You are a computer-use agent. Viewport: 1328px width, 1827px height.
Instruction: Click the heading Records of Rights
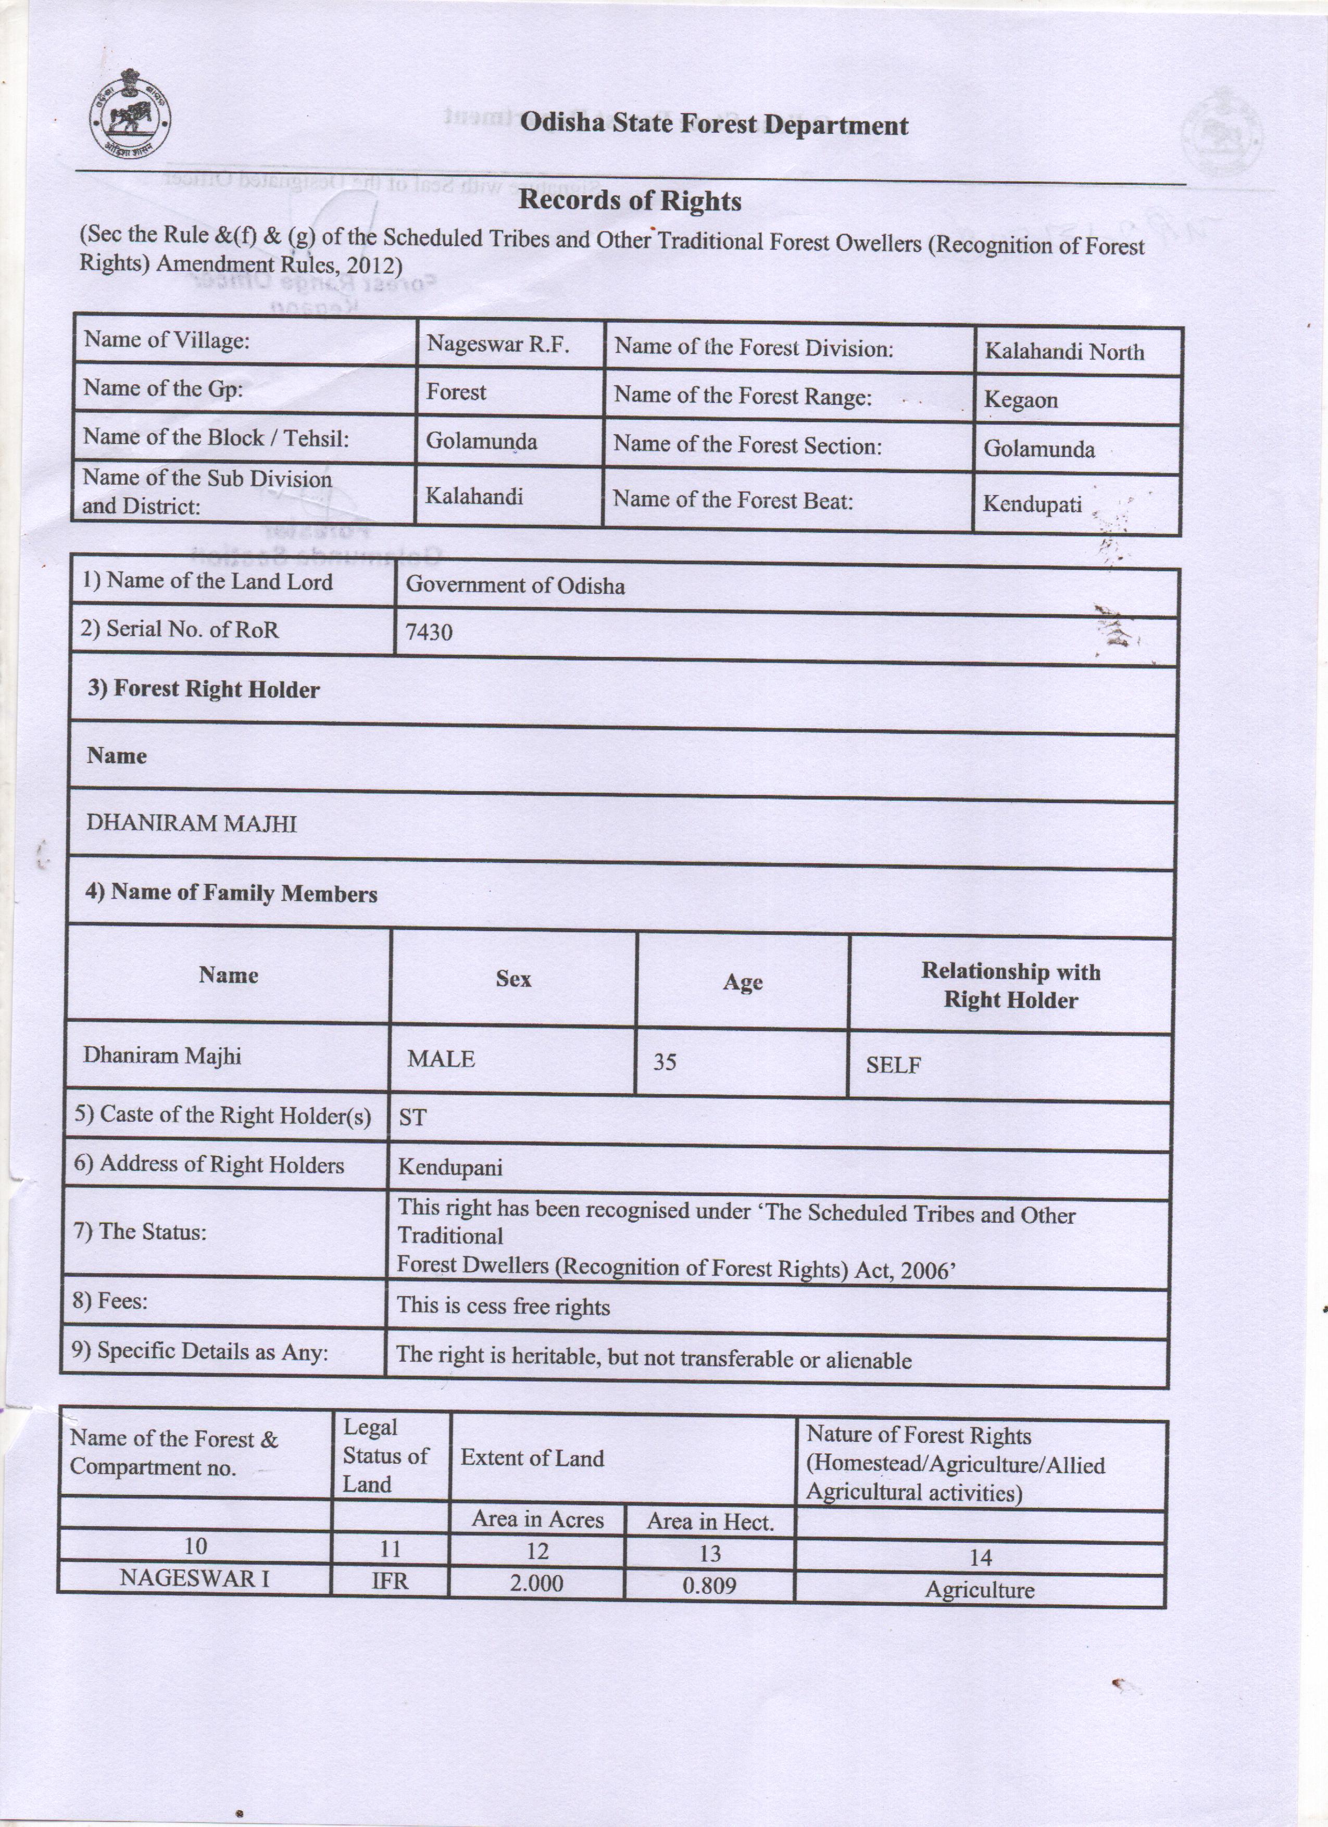[x=629, y=200]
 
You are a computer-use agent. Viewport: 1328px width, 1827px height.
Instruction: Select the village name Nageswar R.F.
[x=497, y=345]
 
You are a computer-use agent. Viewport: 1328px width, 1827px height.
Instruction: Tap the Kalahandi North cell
[x=1063, y=351]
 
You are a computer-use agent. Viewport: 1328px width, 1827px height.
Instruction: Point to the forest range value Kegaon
[x=1020, y=400]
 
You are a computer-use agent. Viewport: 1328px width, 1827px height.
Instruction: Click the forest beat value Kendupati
[x=1032, y=504]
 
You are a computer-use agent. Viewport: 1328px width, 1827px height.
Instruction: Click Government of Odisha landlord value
[x=515, y=585]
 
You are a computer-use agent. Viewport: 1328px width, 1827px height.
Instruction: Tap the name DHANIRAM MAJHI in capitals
[x=192, y=823]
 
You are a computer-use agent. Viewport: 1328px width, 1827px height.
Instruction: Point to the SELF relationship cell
[x=893, y=1065]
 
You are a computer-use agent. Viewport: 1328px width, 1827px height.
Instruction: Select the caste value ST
[x=412, y=1118]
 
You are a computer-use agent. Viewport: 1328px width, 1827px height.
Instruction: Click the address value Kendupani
[x=449, y=1167]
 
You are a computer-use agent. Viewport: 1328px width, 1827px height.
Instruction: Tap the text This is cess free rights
[x=503, y=1306]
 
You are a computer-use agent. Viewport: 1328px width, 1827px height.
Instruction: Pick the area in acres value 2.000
[x=536, y=1583]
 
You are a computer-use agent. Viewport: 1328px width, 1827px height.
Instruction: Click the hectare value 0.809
[x=709, y=1585]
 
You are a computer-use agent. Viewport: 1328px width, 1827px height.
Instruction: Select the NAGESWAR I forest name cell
[x=194, y=1578]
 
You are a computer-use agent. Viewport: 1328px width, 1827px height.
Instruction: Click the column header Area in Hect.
[x=710, y=1521]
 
